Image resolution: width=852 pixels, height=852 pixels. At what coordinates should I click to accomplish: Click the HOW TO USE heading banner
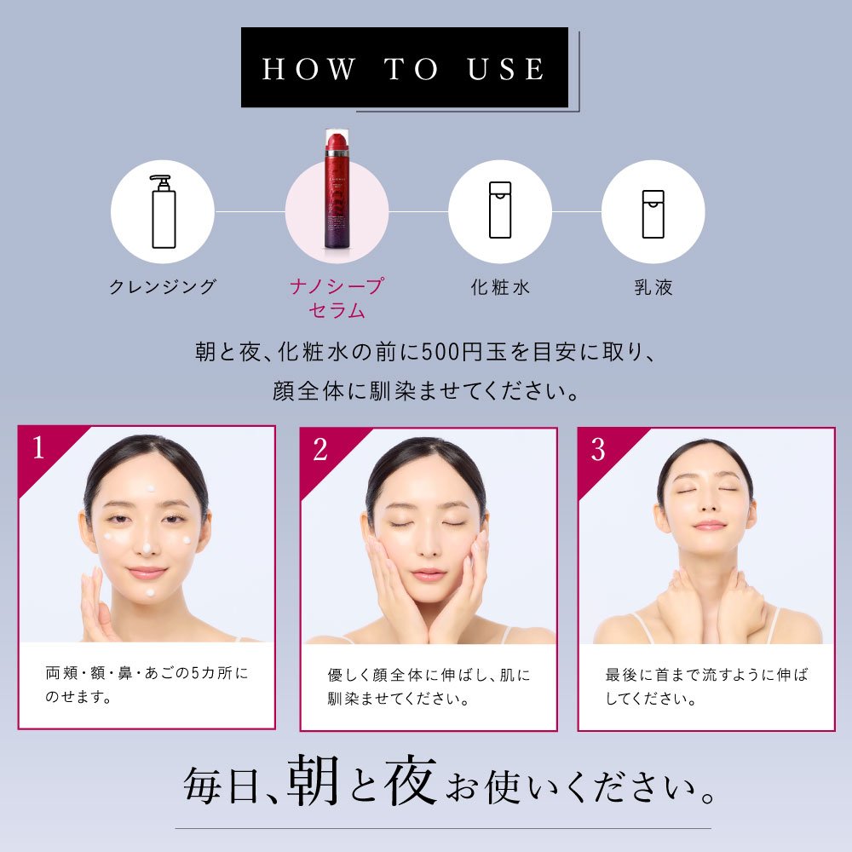point(404,68)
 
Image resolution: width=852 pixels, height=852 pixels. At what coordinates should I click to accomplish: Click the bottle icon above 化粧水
point(500,211)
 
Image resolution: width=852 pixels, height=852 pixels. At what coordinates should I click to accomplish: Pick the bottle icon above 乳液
point(653,212)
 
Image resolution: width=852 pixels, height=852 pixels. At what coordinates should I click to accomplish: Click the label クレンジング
point(163,287)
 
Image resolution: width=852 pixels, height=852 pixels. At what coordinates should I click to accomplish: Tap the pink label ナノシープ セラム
point(337,297)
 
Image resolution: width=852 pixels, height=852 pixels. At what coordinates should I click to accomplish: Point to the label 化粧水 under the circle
point(500,287)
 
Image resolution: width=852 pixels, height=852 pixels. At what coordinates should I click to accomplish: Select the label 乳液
point(653,287)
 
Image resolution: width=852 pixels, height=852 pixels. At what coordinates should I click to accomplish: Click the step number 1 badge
point(38,448)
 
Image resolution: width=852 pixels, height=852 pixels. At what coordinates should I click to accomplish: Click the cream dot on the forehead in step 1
point(150,487)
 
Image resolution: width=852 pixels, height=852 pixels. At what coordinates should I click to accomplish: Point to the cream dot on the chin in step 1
point(149,590)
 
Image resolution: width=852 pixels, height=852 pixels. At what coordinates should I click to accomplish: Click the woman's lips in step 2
point(428,574)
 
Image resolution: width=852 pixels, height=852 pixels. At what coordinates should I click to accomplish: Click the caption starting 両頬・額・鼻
point(147,685)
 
